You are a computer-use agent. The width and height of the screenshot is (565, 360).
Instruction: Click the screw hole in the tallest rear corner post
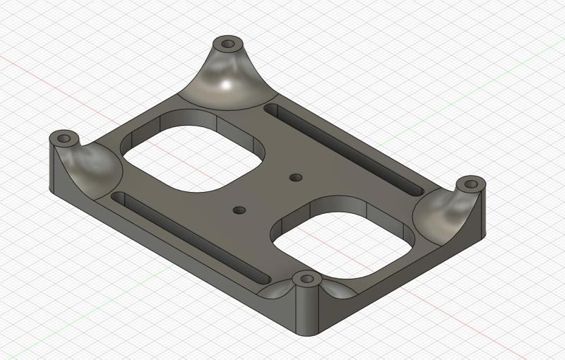point(228,44)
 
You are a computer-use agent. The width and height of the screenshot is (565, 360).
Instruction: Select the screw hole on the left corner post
point(65,137)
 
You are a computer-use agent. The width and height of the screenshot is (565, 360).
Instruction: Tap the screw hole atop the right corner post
point(469,184)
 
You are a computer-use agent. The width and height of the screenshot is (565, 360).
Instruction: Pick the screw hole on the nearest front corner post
point(307,279)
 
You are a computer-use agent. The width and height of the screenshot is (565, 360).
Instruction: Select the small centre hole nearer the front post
point(239,210)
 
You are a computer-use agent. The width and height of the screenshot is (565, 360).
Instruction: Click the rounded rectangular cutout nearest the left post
point(192,152)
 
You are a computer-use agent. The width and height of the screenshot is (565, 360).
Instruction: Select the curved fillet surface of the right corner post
point(444,212)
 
